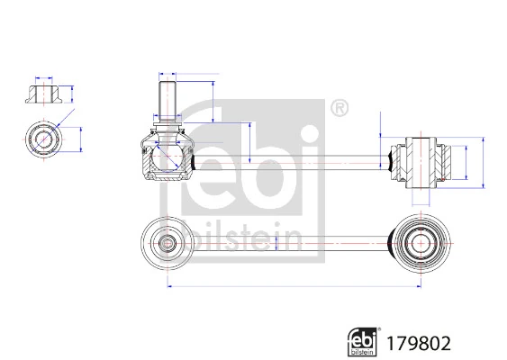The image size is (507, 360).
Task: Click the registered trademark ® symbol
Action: pos(340,110)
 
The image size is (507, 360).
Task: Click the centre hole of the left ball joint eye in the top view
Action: pos(167,242)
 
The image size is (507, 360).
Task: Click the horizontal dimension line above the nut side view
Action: pos(43,76)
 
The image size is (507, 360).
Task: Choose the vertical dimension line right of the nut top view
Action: pos(82,139)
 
